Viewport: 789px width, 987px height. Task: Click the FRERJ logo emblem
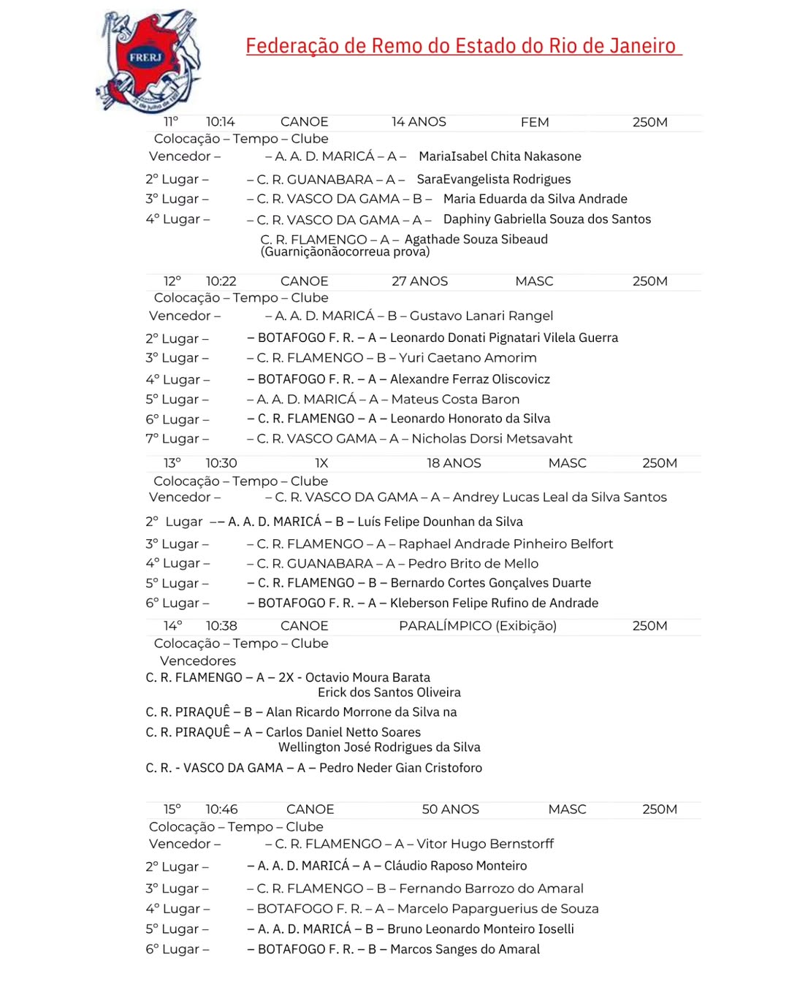(x=148, y=60)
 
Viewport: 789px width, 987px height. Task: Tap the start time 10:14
(x=220, y=122)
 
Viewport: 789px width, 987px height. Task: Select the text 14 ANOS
(x=419, y=122)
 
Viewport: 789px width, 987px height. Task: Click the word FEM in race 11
(x=535, y=123)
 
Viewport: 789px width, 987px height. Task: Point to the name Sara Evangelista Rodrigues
(x=494, y=179)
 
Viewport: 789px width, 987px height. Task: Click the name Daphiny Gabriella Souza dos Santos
(x=547, y=219)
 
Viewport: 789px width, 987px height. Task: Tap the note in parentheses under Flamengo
(x=345, y=252)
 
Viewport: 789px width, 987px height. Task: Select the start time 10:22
(x=221, y=281)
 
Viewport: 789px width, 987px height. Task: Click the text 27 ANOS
(x=419, y=281)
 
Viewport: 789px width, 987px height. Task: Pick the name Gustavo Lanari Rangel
(x=481, y=316)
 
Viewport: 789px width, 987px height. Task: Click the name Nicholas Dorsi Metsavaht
(x=492, y=438)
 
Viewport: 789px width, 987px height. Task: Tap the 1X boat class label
(x=321, y=463)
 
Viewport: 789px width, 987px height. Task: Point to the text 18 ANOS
(x=454, y=463)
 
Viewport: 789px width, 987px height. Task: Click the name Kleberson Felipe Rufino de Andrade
(x=494, y=603)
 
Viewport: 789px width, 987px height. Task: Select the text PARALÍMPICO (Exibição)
(x=478, y=626)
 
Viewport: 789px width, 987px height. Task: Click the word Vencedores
(x=198, y=660)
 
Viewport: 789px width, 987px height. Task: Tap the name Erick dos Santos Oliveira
(x=389, y=693)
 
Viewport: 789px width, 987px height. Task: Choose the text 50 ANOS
(x=451, y=809)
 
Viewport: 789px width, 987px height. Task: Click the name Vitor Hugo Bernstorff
(x=485, y=844)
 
